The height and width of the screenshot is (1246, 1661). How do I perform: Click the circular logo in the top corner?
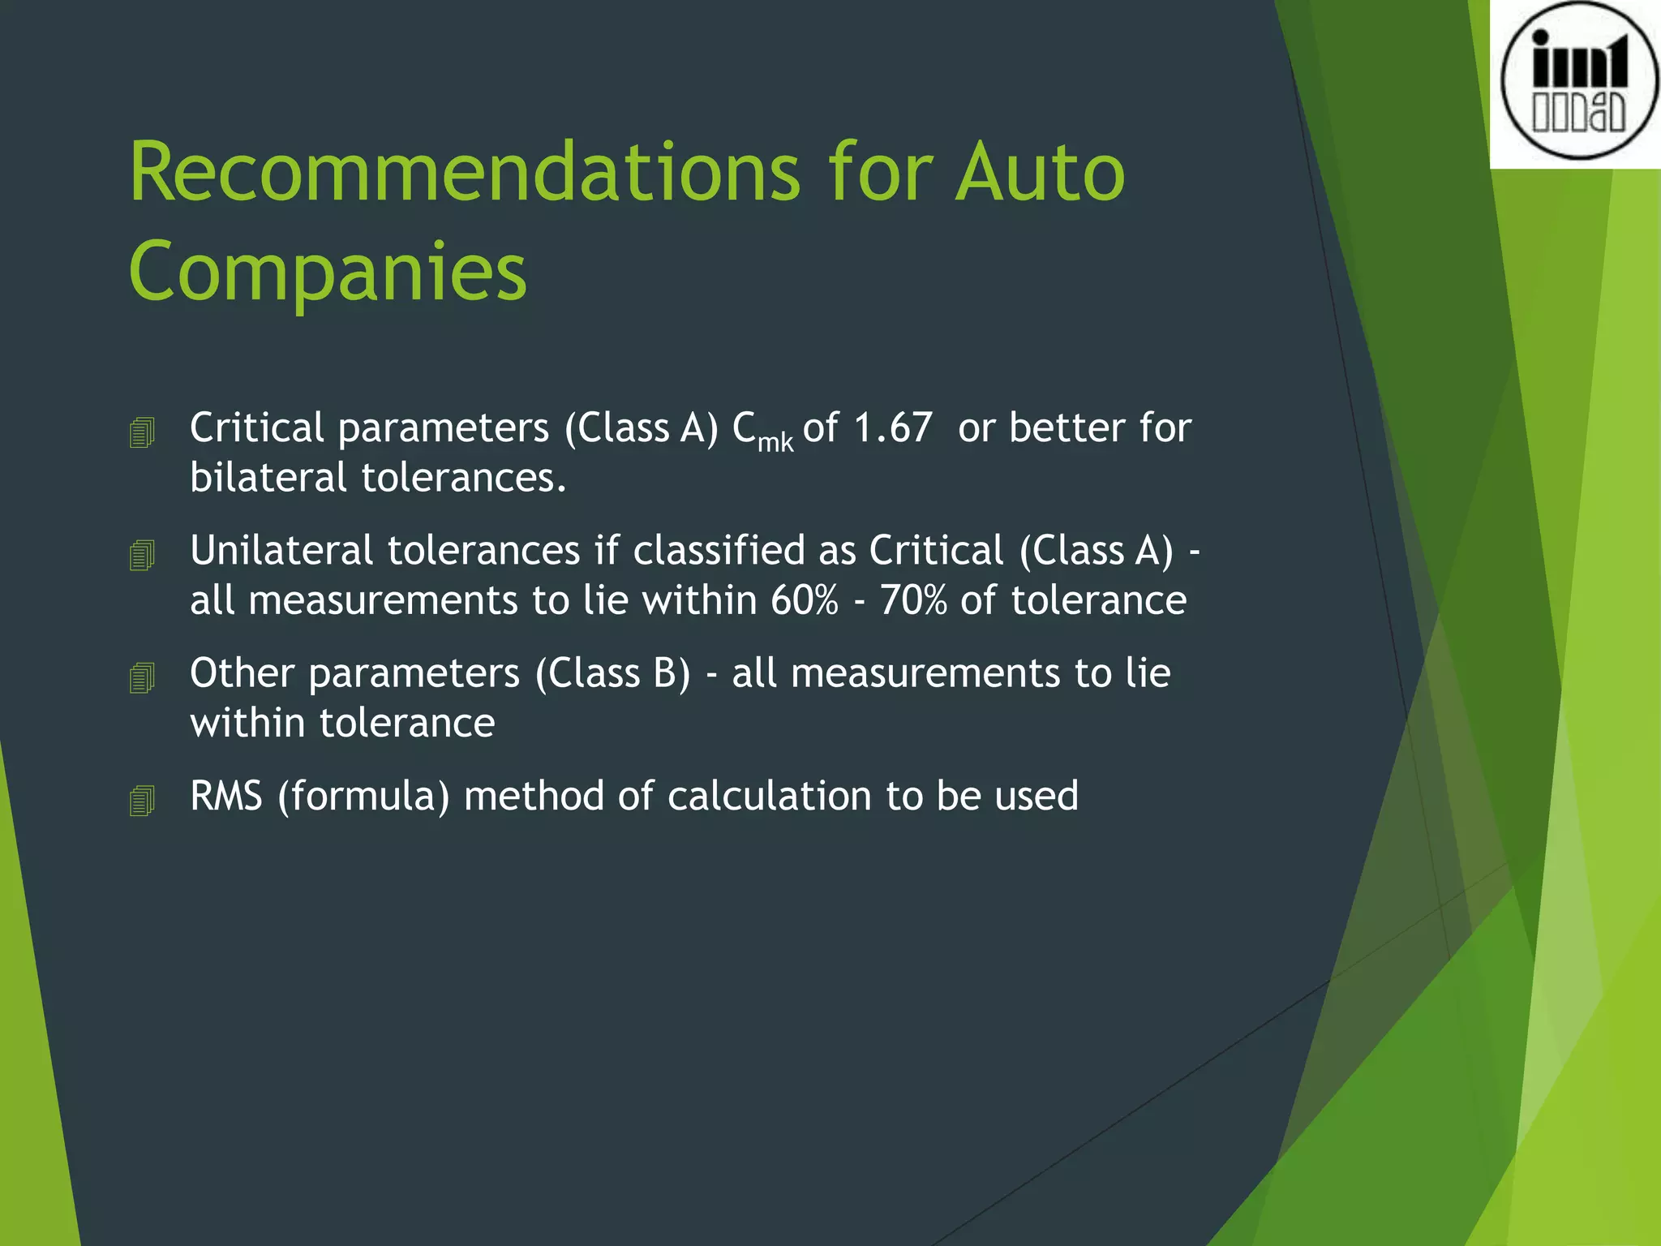coord(1578,81)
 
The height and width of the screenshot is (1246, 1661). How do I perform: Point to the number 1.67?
coord(892,428)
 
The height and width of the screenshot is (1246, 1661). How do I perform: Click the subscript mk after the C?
coord(775,442)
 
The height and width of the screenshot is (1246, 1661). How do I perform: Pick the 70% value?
coord(913,600)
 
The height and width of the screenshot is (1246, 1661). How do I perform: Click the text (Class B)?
coord(613,673)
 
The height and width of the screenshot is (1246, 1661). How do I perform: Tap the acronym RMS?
coord(226,796)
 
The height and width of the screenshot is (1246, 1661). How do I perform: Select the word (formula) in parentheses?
coord(363,796)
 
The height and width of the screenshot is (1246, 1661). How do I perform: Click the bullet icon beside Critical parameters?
coord(142,432)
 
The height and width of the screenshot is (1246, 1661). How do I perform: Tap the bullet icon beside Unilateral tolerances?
coord(142,555)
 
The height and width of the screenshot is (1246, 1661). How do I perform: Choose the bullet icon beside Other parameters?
coord(142,677)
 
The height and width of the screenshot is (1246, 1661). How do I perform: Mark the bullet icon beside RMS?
coord(142,800)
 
